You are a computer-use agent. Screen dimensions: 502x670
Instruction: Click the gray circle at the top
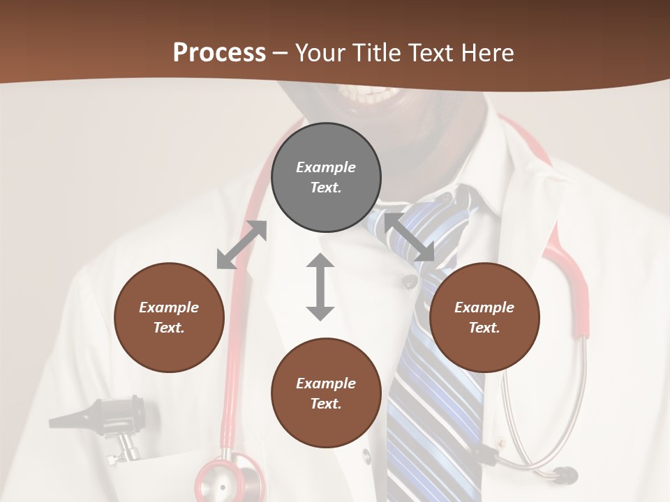326,177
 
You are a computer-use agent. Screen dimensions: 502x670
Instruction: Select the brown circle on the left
169,317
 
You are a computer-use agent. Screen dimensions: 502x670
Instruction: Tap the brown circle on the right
484,317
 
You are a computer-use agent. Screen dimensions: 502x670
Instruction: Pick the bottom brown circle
326,393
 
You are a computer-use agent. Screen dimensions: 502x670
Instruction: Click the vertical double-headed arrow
320,287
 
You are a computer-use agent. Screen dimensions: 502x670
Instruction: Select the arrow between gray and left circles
241,245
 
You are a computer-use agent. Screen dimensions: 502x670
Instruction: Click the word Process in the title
219,52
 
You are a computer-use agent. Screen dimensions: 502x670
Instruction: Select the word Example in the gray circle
326,167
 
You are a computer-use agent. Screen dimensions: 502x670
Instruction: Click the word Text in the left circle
169,328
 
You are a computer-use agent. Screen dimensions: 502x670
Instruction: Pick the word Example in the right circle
484,307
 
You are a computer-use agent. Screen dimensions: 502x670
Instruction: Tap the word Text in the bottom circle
326,404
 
